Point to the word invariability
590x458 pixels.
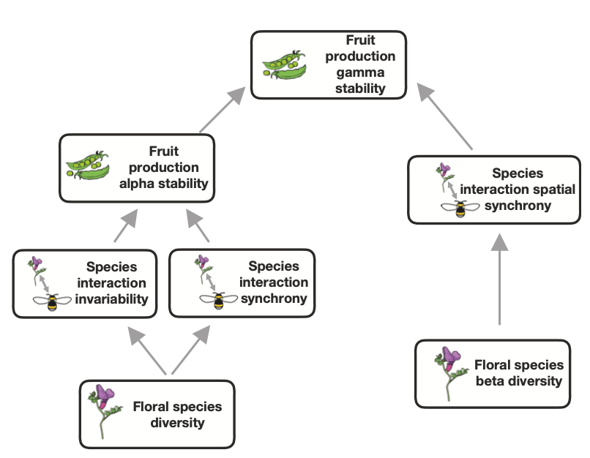(x=117, y=299)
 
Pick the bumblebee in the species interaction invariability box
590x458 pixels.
(x=52, y=301)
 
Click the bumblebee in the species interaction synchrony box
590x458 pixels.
(x=217, y=300)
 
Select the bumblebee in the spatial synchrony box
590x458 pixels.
(x=460, y=208)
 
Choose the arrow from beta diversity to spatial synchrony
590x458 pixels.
(x=500, y=278)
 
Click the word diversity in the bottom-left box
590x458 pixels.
(x=177, y=422)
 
